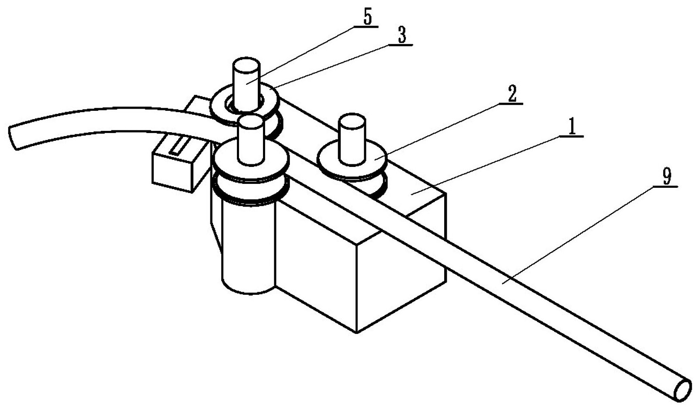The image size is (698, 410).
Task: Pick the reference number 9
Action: pos(666,177)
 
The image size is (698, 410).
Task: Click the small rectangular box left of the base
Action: pos(174,167)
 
